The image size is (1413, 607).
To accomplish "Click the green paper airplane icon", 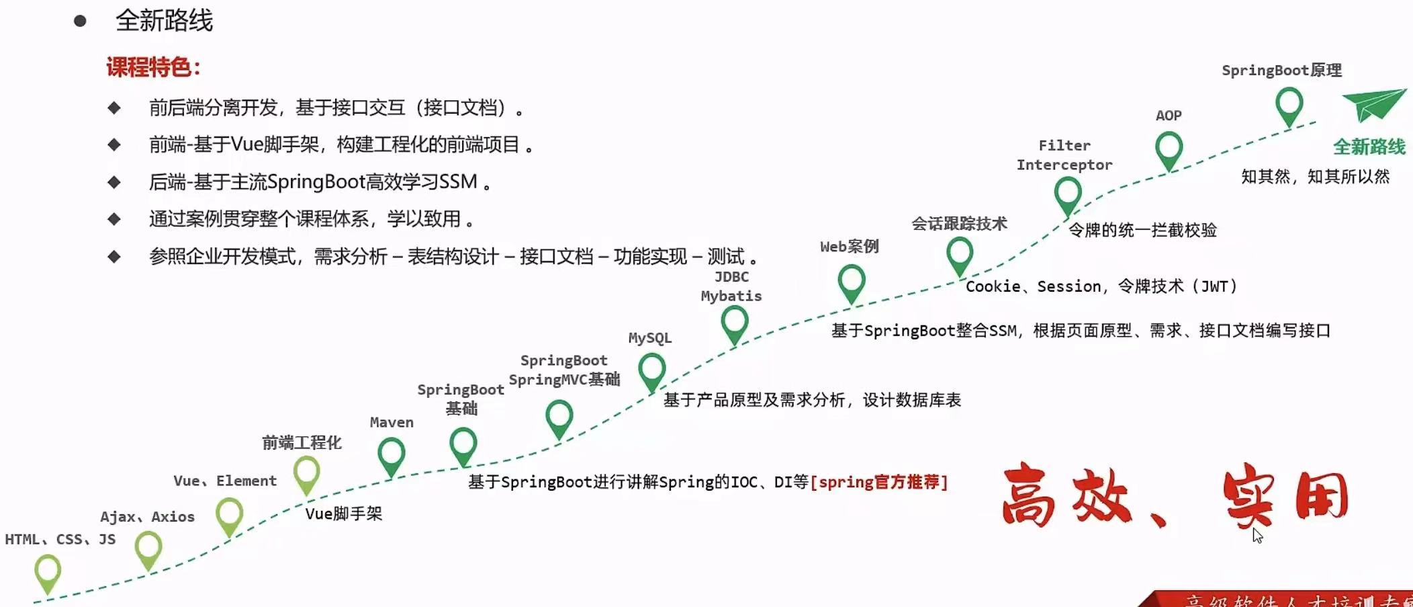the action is (1373, 105).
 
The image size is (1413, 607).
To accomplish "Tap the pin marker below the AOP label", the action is (1169, 149).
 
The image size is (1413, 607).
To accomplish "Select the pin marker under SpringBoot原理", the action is (1289, 105).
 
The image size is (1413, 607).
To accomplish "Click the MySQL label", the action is (649, 337).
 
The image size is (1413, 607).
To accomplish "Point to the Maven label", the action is (392, 422).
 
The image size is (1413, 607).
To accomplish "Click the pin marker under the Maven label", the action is (391, 454).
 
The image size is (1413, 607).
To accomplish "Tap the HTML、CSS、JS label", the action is (60, 539).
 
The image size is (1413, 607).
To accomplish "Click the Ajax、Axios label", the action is (147, 516).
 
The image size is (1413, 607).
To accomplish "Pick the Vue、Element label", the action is (225, 481).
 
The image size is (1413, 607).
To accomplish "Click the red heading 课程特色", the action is (153, 67).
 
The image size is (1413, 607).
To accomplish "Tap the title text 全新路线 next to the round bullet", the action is (164, 21).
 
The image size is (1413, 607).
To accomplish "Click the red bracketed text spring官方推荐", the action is (878, 482).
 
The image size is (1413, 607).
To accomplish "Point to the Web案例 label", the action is (849, 246).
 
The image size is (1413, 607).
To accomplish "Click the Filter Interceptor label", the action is (1064, 155).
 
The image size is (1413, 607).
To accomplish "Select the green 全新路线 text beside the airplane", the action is (1369, 147).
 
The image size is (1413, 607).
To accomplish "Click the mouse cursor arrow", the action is (1257, 535).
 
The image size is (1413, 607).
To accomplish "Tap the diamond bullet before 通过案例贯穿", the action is (114, 219).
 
